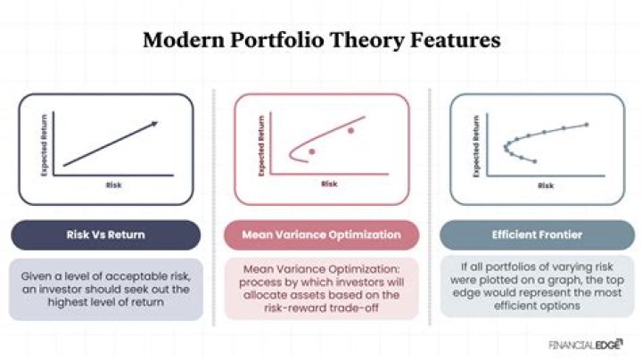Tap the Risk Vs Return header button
pos(106,235)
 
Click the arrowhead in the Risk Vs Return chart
pos(156,123)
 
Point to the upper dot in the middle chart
pos(350,131)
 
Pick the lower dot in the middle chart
pos(312,151)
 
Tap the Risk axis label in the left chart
pos(113,185)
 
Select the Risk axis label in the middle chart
pos(329,184)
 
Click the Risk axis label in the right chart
pos(545,185)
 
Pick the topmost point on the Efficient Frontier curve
pos(587,124)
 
